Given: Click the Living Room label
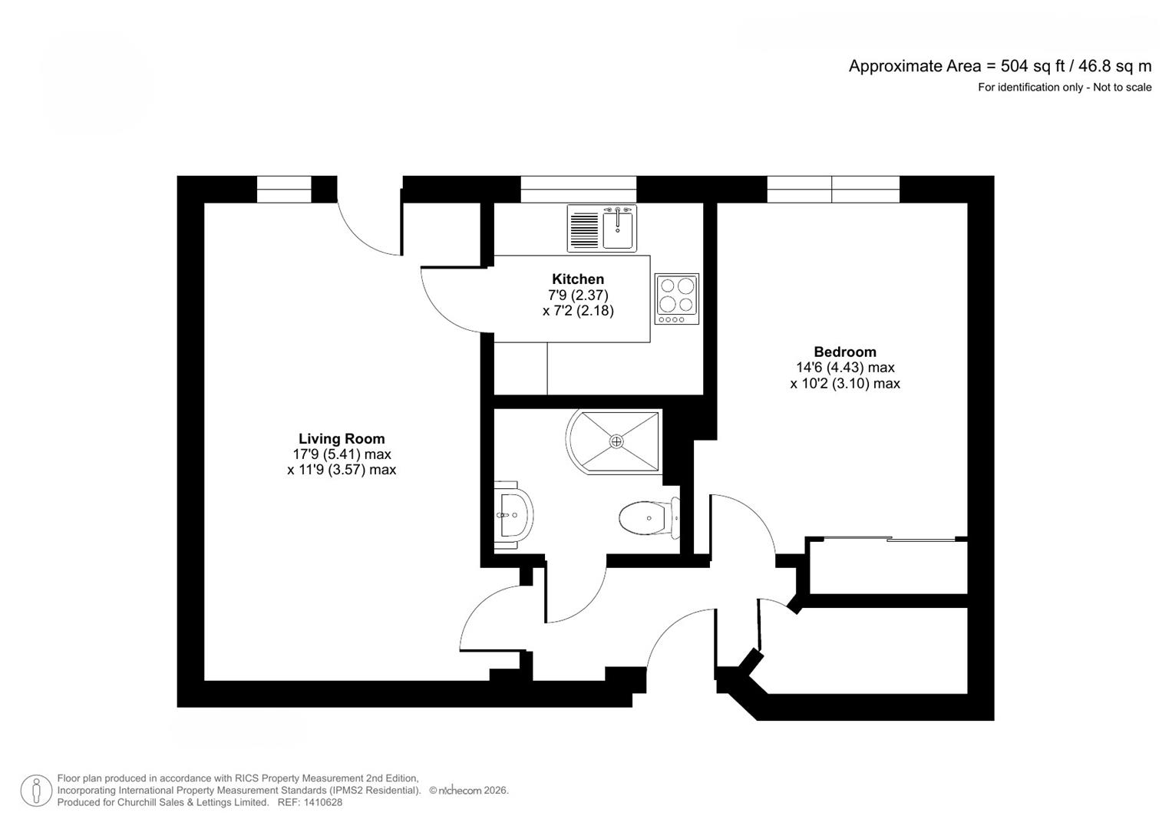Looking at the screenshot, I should (342, 439).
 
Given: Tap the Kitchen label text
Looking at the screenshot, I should (578, 279).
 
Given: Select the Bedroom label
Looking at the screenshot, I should (845, 352).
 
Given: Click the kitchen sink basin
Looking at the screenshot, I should (619, 228).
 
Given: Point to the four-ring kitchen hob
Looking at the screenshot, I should (676, 298).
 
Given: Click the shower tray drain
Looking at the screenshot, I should (616, 441).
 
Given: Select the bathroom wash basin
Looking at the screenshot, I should (513, 514).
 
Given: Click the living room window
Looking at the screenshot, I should (283, 190).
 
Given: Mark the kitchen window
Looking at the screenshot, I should (578, 190).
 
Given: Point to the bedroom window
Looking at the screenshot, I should (833, 190).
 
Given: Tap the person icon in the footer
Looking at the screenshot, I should (36, 791).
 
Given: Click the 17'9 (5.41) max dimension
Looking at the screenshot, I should (342, 454).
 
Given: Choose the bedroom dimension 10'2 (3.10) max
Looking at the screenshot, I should (845, 383).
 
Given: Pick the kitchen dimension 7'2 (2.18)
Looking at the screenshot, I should (578, 311).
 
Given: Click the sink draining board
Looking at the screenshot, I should (585, 228).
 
